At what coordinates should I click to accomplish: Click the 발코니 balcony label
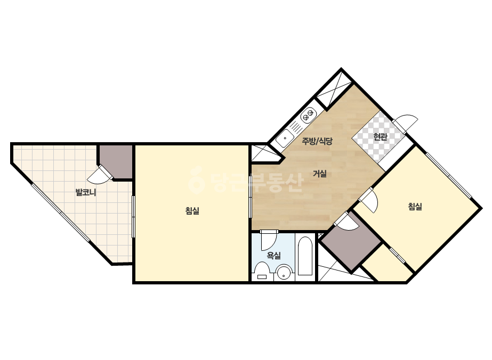pos(86,192)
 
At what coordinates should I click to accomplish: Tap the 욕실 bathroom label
pos(273,256)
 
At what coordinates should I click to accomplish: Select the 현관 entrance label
pos(380,137)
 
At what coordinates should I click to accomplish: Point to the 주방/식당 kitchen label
pos(317,141)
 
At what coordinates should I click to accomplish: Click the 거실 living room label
pos(320,174)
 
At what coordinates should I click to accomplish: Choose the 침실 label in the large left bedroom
pos(192,211)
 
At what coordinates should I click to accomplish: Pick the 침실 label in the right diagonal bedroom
pos(415,206)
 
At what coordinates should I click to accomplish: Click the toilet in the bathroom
pos(262,272)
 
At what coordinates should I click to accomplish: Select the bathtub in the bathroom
pos(305,256)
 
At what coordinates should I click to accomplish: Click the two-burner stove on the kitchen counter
pos(308,116)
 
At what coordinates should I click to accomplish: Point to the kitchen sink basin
pos(286,137)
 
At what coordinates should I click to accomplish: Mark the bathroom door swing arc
pos(269,240)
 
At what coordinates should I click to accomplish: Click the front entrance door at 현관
pos(406,123)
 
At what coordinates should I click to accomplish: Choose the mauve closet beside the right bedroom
pos(351,242)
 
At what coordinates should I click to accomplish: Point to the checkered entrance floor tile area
pos(377,137)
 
